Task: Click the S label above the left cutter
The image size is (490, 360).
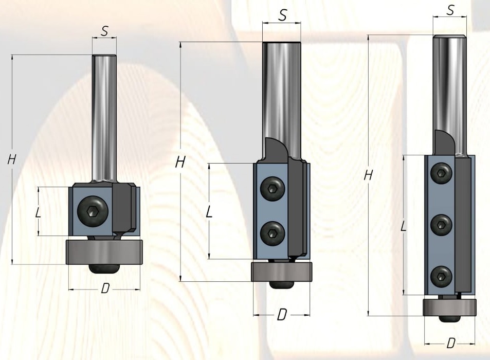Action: pyautogui.click(x=105, y=31)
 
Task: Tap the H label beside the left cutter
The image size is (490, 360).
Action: pyautogui.click(x=11, y=160)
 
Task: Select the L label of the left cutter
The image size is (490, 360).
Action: pyautogui.click(x=38, y=213)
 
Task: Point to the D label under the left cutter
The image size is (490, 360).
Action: pyautogui.click(x=105, y=289)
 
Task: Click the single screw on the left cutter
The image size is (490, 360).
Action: pyautogui.click(x=93, y=211)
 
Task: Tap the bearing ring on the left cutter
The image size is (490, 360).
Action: pyautogui.click(x=104, y=252)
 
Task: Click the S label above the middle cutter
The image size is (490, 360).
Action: pyautogui.click(x=282, y=15)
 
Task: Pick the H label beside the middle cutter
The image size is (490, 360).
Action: pyautogui.click(x=180, y=162)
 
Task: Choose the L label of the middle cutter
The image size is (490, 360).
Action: pyautogui.click(x=209, y=212)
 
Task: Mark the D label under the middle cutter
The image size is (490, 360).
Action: pyautogui.click(x=282, y=315)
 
